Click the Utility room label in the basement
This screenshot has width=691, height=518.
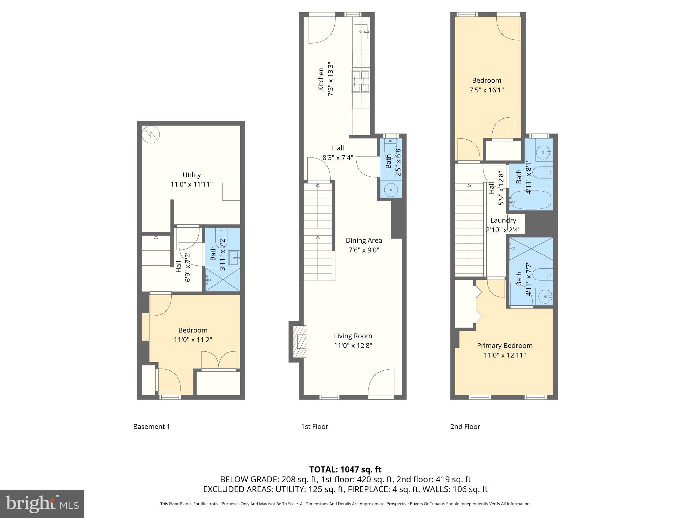pyautogui.click(x=191, y=175)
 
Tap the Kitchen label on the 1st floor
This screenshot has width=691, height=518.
pyautogui.click(x=321, y=79)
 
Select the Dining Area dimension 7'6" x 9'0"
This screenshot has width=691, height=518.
pyautogui.click(x=364, y=250)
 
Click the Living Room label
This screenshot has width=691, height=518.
pyautogui.click(x=353, y=336)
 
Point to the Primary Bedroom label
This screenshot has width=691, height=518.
pyautogui.click(x=504, y=346)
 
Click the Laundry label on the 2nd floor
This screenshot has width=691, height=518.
pyautogui.click(x=503, y=220)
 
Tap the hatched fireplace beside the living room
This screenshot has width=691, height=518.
pyautogui.click(x=299, y=342)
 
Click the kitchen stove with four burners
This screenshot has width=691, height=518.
pyautogui.click(x=360, y=81)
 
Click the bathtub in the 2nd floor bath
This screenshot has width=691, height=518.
pyautogui.click(x=530, y=200)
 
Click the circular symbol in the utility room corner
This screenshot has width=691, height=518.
pyautogui.click(x=150, y=135)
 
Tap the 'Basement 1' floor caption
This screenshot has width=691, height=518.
pyautogui.click(x=151, y=427)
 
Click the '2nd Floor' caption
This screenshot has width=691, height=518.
pyautogui.click(x=465, y=427)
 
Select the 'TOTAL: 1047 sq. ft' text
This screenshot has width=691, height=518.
pyautogui.click(x=345, y=469)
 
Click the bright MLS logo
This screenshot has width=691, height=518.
pyautogui.click(x=42, y=504)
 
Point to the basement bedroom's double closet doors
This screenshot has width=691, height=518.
pyautogui.click(x=219, y=360)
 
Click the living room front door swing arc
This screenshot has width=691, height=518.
pyautogui.click(x=381, y=382)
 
